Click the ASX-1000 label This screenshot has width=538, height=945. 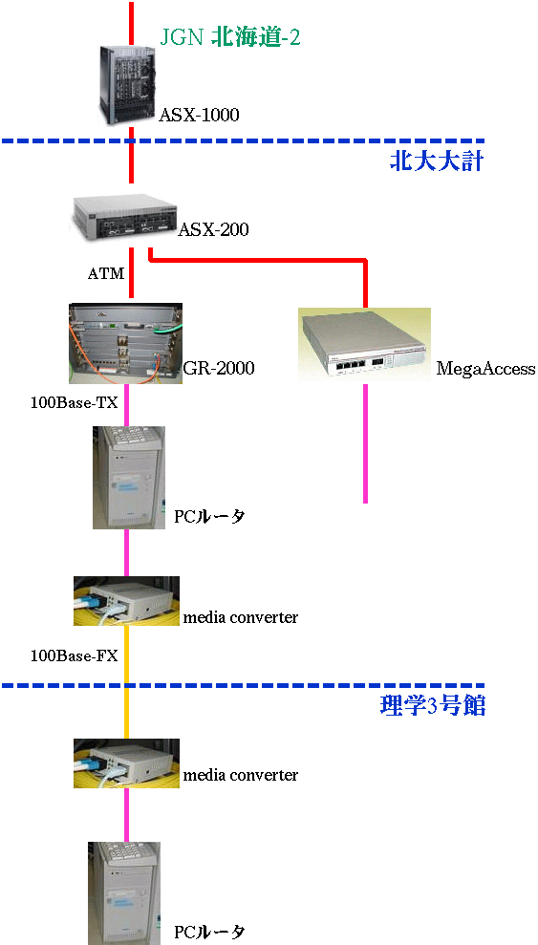click(199, 115)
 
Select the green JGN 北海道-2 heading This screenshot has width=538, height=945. click(229, 38)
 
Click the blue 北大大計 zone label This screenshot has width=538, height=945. click(437, 161)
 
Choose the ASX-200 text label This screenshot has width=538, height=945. click(213, 229)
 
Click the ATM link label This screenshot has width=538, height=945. click(106, 274)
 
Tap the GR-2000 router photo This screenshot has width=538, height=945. click(126, 344)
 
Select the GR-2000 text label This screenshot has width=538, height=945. click(219, 368)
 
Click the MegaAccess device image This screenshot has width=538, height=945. click(364, 344)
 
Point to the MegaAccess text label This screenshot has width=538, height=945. click(485, 369)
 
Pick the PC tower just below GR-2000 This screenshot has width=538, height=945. click(128, 478)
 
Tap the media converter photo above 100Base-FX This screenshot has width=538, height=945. click(126, 601)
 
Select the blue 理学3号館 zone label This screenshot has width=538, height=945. click(433, 705)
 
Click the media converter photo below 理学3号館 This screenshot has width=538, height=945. click(126, 763)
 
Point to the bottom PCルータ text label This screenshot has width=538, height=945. click(210, 931)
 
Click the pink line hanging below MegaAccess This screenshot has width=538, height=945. click(365, 443)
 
